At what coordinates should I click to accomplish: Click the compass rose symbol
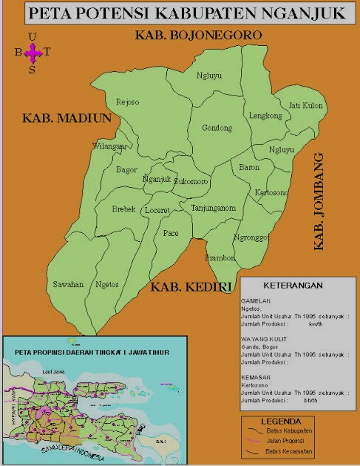(32, 52)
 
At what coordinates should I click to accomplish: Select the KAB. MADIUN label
(67, 118)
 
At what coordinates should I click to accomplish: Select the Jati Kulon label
(305, 105)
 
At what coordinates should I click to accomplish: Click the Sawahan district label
(65, 284)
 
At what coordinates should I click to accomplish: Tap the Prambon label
(220, 258)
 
